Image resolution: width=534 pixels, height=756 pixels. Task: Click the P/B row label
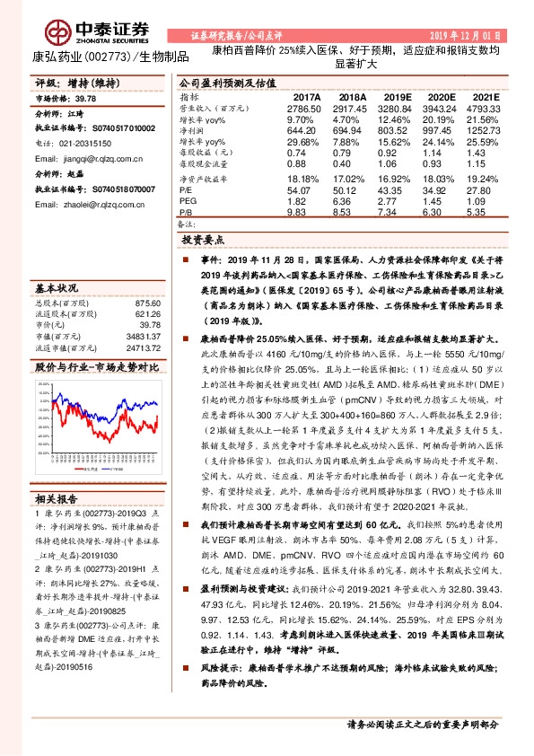(188, 215)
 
